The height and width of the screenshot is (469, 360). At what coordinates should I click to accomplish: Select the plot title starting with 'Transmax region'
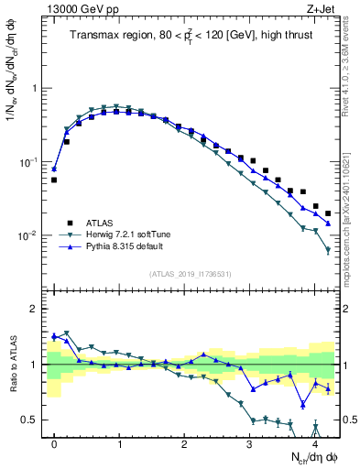tap(193, 36)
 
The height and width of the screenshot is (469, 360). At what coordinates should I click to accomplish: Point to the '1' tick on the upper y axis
tap(36, 89)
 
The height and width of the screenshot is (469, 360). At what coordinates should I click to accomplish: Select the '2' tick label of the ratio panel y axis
tap(36, 309)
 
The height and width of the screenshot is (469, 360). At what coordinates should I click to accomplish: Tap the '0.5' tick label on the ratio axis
tap(31, 420)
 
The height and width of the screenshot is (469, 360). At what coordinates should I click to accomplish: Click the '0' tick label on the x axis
tap(55, 443)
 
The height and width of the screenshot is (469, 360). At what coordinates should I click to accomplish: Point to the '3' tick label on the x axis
tap(250, 443)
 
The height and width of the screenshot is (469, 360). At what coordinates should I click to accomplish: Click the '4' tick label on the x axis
tap(315, 443)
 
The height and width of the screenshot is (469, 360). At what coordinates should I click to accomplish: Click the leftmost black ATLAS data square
tap(54, 180)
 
